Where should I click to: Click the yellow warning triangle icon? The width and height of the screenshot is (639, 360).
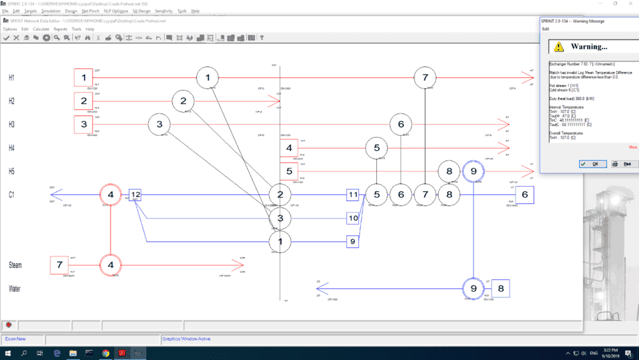pos(558,47)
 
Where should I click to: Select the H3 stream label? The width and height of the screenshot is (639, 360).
pos(11,125)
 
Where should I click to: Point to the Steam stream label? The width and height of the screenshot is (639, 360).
pos(17,264)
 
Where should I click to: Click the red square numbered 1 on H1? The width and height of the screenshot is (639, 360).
pos(83,77)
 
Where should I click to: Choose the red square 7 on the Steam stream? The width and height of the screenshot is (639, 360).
pos(59,265)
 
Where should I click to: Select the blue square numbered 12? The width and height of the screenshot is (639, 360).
pos(135,194)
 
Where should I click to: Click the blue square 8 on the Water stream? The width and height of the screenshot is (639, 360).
pos(500,288)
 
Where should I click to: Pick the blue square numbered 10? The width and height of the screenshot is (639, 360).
pos(353,218)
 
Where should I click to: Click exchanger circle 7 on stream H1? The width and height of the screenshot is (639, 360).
pos(425,77)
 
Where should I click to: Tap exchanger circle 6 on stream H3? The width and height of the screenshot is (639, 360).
pos(401,124)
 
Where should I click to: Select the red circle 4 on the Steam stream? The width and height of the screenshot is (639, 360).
pos(111,264)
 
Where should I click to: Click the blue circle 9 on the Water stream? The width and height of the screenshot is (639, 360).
pos(473,288)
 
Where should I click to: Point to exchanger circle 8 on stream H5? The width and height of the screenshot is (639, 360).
pos(449,171)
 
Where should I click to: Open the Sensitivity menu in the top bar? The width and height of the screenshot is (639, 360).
pos(163,11)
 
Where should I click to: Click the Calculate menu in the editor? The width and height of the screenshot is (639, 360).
pos(41,29)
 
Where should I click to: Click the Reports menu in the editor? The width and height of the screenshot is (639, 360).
pos(60,29)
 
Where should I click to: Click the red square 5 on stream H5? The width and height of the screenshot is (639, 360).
pos(289,171)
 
